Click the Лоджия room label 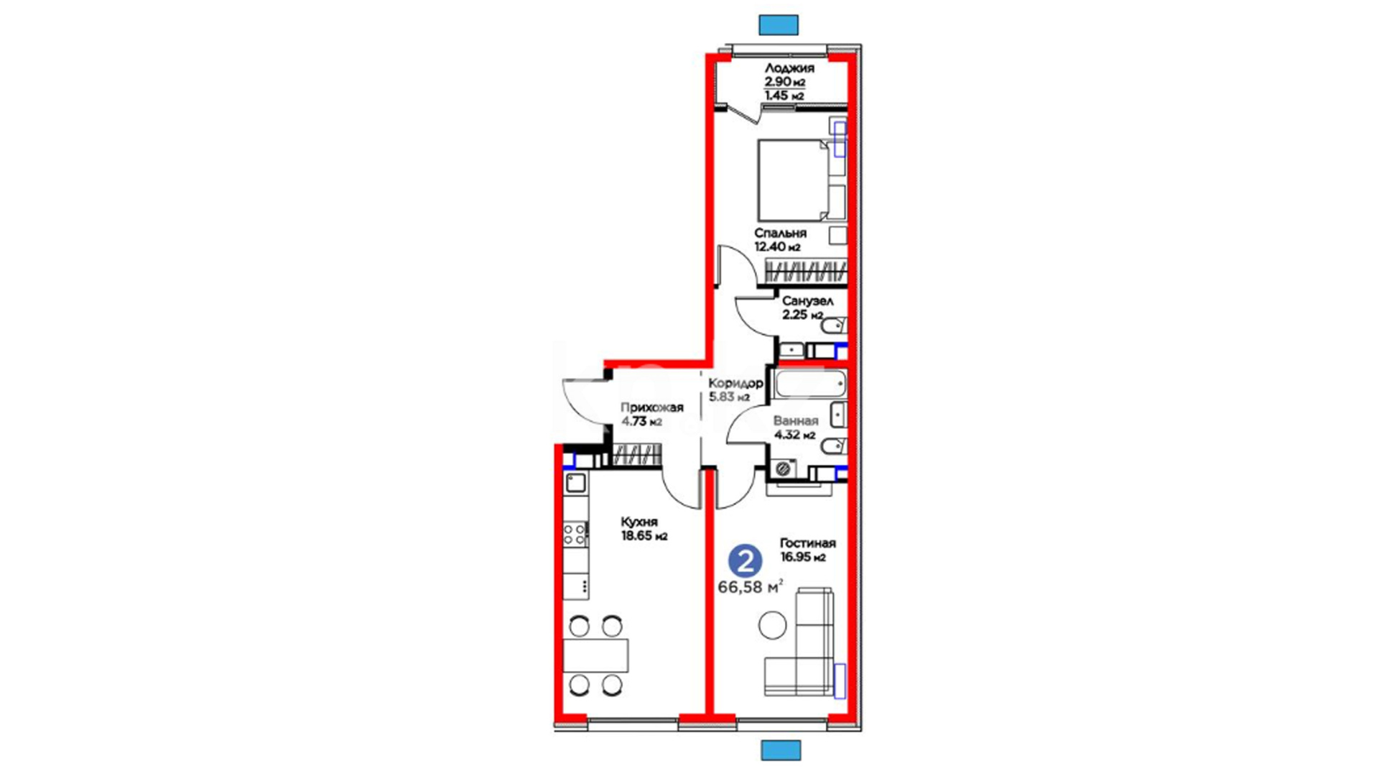(789, 68)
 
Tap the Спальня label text (780, 234)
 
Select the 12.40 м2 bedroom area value (777, 247)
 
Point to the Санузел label (807, 301)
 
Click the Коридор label (735, 383)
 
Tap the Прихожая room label (652, 407)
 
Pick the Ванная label (796, 421)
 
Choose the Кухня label (639, 522)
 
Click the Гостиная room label (808, 543)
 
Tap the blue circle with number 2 (746, 561)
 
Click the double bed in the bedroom (794, 180)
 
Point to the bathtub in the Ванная (810, 384)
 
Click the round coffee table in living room (773, 625)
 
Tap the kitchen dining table (595, 655)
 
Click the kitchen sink (575, 482)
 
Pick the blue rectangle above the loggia (779, 25)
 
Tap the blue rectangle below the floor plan (781, 751)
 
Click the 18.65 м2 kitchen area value (644, 536)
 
